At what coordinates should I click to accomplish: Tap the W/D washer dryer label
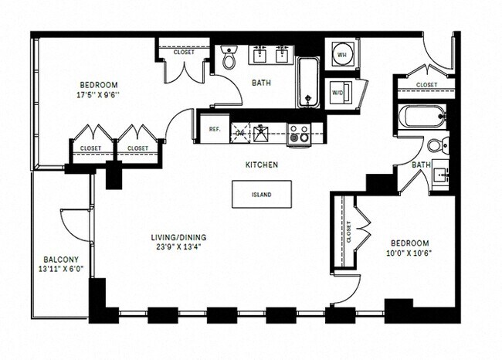(338, 92)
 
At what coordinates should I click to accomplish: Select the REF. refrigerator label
(215, 129)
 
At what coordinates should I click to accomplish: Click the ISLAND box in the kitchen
(262, 195)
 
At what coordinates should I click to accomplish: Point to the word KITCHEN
(262, 165)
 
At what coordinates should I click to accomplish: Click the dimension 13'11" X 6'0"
(61, 270)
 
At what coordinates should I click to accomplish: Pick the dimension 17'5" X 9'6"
(97, 96)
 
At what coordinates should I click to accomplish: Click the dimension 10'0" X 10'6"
(408, 251)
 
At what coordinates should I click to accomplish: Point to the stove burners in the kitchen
(299, 134)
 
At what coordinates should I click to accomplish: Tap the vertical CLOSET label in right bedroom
(350, 233)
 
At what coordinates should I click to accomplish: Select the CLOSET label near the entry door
(426, 85)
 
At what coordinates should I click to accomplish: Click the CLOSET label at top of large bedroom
(184, 53)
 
